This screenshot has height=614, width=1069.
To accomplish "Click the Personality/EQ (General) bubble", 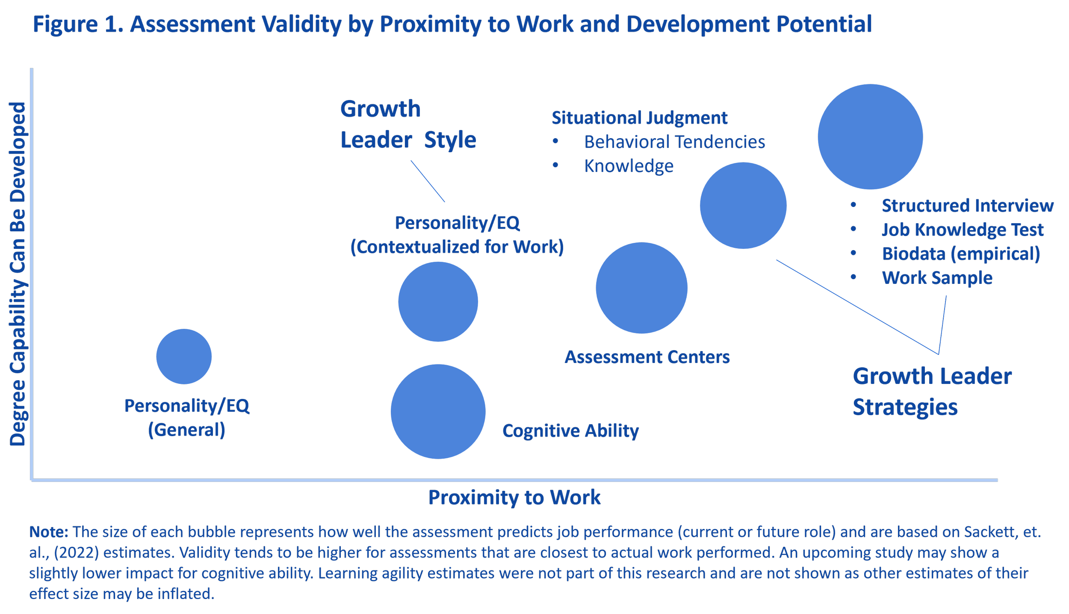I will coord(184,356).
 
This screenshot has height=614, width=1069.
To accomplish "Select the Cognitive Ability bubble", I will coord(438,411).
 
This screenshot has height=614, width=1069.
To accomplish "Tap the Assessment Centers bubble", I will coord(641,288).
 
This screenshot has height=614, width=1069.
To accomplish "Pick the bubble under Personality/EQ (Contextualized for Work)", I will coord(438,301).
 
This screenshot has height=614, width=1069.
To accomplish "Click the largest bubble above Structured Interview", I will coord(870,136).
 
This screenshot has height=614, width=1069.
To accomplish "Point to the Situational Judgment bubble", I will coord(743,205).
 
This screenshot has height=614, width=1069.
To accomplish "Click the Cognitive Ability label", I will coord(570,431).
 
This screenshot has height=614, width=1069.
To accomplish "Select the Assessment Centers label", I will coord(647,357).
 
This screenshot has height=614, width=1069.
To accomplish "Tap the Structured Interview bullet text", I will coord(967,206).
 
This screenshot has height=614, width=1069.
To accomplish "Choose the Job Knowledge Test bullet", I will coord(962,230).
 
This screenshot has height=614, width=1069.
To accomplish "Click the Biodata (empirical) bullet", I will coord(961,254).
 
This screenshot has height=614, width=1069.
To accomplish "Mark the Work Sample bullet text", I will coord(937,278).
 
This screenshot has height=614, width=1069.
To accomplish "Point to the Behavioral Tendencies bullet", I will coord(674,142).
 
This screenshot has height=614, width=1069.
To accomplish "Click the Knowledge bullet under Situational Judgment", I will coord(629,166).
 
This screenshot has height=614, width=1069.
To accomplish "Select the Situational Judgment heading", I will coord(639,118).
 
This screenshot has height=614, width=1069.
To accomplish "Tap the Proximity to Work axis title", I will coord(514,497).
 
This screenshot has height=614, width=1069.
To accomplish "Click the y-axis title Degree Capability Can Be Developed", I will coord(18,274).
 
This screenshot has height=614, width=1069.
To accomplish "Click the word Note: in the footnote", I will coord(48,532).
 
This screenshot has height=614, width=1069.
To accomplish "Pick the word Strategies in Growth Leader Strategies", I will coord(905,407).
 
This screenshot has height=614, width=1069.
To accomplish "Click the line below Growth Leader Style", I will coord(428,181).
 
